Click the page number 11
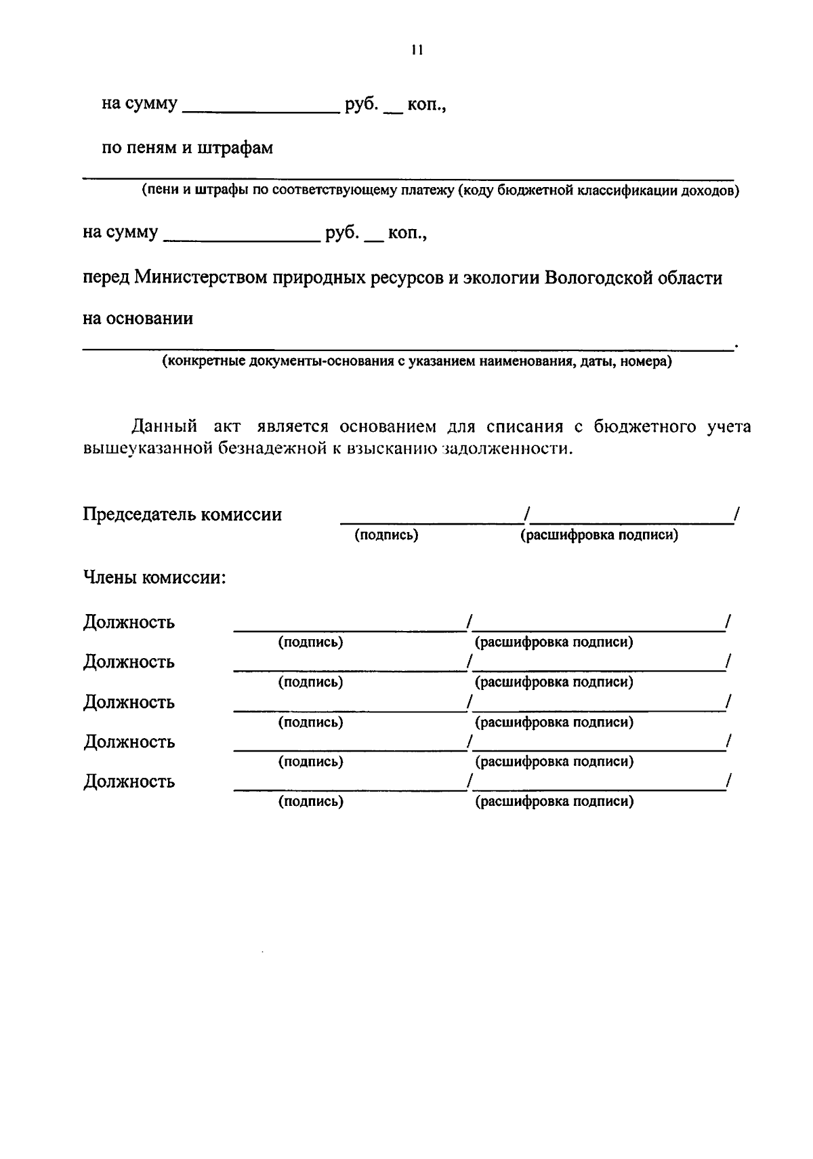[417, 49]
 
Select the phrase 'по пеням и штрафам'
[187, 148]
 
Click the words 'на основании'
[138, 319]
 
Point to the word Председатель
[140, 514]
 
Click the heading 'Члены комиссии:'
[154, 578]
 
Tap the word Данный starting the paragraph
[165, 426]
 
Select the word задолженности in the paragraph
[507, 449]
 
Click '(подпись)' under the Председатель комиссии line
[386, 535]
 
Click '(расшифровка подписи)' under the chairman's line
[599, 535]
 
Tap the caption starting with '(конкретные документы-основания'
[416, 361]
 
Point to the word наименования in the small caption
[521, 361]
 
